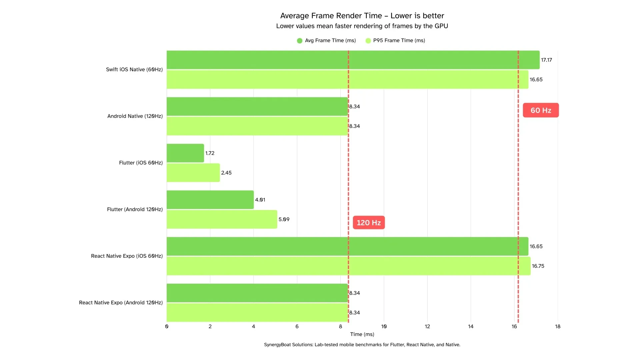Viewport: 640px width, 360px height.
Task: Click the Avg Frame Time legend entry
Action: pos(327,40)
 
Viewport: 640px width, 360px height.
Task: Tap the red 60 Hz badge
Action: pos(541,110)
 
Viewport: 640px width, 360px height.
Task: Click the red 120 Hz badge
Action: pos(369,223)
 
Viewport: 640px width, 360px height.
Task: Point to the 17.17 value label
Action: pos(546,60)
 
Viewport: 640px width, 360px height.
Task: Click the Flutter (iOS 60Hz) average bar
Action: pos(185,153)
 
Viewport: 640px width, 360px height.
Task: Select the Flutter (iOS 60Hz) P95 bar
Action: pos(193,173)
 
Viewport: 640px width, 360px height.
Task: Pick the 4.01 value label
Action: pos(260,200)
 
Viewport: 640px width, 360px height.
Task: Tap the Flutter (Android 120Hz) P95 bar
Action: pos(222,219)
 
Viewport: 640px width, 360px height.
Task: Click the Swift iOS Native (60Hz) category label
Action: pos(134,69)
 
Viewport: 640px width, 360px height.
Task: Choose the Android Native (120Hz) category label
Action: pos(135,116)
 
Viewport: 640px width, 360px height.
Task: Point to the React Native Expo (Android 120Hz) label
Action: pos(121,303)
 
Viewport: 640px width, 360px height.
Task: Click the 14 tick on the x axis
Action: pos(471,326)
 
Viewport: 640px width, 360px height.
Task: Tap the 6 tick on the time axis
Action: pos(297,326)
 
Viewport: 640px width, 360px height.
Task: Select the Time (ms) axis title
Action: pos(362,334)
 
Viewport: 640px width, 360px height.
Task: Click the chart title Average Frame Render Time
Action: pos(362,16)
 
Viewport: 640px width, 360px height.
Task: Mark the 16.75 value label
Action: pos(538,266)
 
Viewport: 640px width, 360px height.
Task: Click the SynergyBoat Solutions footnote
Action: pos(362,345)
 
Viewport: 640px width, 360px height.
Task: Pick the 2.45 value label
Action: pos(226,173)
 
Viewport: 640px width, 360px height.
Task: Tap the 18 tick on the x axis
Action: pos(558,326)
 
